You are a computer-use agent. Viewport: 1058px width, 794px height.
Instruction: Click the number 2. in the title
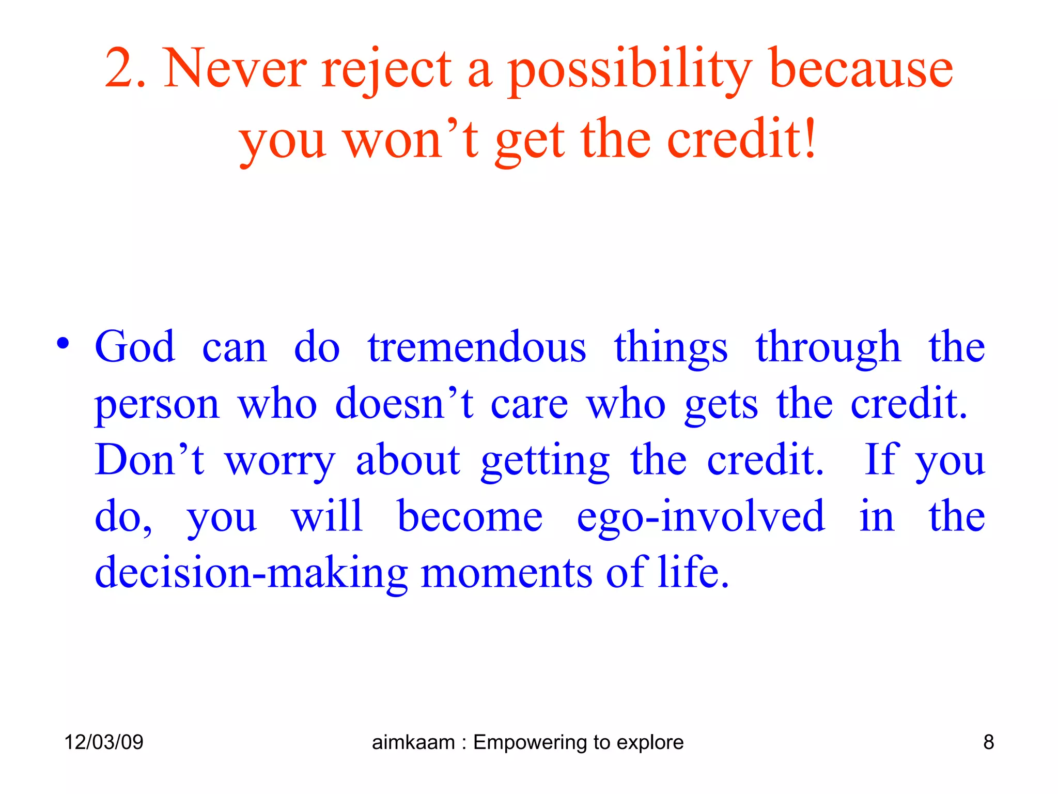(125, 69)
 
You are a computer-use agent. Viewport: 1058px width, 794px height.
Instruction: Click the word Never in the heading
(235, 69)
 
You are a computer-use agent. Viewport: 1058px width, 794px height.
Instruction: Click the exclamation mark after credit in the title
(809, 139)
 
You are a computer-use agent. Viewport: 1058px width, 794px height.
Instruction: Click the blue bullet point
(63, 344)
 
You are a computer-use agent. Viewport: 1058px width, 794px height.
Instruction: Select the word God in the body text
(135, 347)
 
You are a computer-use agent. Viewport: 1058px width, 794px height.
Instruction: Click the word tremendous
(477, 347)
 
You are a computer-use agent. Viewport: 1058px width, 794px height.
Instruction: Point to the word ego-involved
(701, 517)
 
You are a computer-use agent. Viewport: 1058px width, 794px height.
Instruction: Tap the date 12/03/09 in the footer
(104, 742)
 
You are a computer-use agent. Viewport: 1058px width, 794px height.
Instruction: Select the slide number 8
(988, 742)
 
